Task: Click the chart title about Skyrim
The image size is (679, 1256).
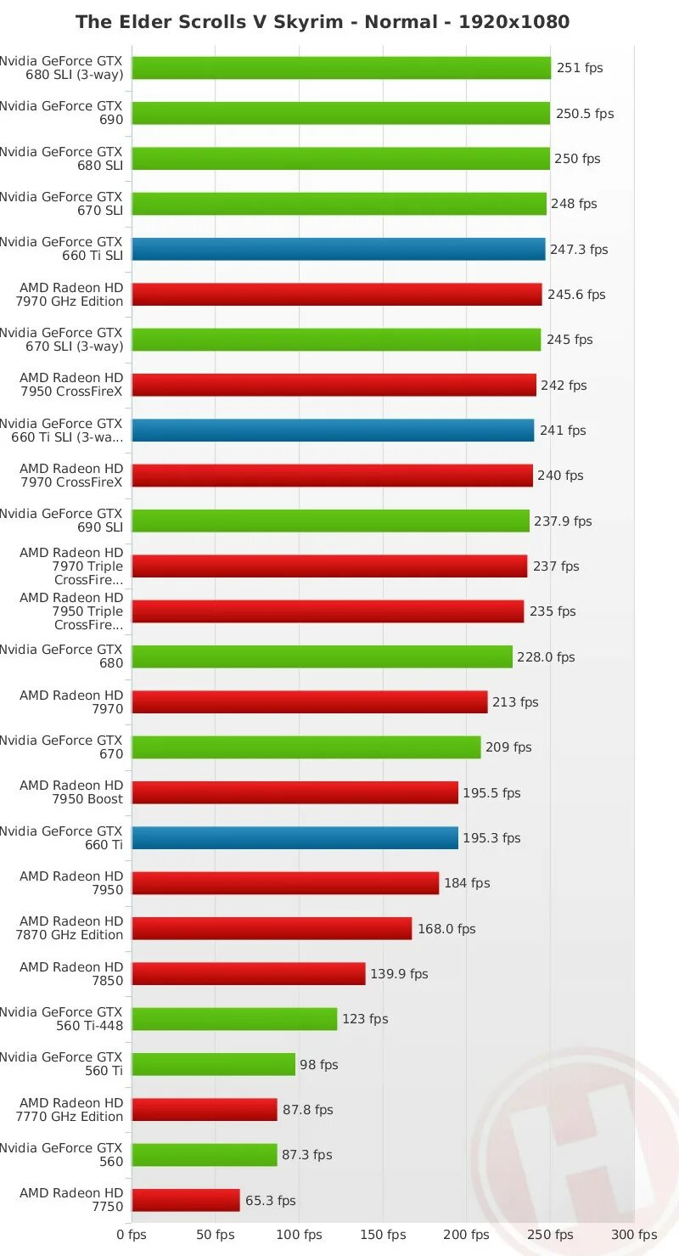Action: pos(323,22)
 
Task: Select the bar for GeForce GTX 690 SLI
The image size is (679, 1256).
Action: pos(330,521)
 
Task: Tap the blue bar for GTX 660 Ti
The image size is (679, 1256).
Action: pos(295,838)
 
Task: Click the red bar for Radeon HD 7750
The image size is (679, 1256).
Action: pos(186,1200)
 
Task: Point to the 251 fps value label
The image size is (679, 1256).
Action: pos(580,68)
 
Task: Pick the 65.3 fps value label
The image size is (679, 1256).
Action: pos(271,1201)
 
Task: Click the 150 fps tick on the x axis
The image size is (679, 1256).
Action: pos(385,1235)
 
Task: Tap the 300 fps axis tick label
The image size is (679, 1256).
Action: pos(635,1235)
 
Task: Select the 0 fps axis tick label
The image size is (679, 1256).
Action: pos(132,1235)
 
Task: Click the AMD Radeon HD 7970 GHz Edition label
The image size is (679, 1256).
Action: pos(71,295)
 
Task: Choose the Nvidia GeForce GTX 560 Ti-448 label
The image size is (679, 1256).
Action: pos(62,1019)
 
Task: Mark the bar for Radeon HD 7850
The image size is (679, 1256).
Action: pos(248,974)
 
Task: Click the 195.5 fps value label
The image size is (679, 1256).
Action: pos(491,793)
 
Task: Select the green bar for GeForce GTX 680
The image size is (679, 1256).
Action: pos(322,656)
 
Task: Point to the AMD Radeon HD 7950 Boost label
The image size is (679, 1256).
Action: pos(71,792)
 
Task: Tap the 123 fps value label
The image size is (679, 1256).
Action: pos(365,1019)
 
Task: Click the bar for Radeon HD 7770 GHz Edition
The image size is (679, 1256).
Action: pos(205,1110)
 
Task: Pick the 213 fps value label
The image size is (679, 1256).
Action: pos(515,702)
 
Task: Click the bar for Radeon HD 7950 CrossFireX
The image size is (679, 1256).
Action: pos(334,385)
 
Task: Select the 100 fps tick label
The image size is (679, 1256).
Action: pos(301,1235)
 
